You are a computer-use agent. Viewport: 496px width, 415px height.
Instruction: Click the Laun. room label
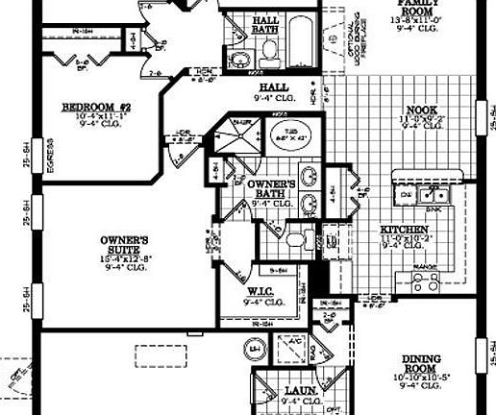pyautogui.click(x=294, y=391)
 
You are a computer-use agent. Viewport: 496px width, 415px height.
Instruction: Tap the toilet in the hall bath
pyautogui.click(x=268, y=59)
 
